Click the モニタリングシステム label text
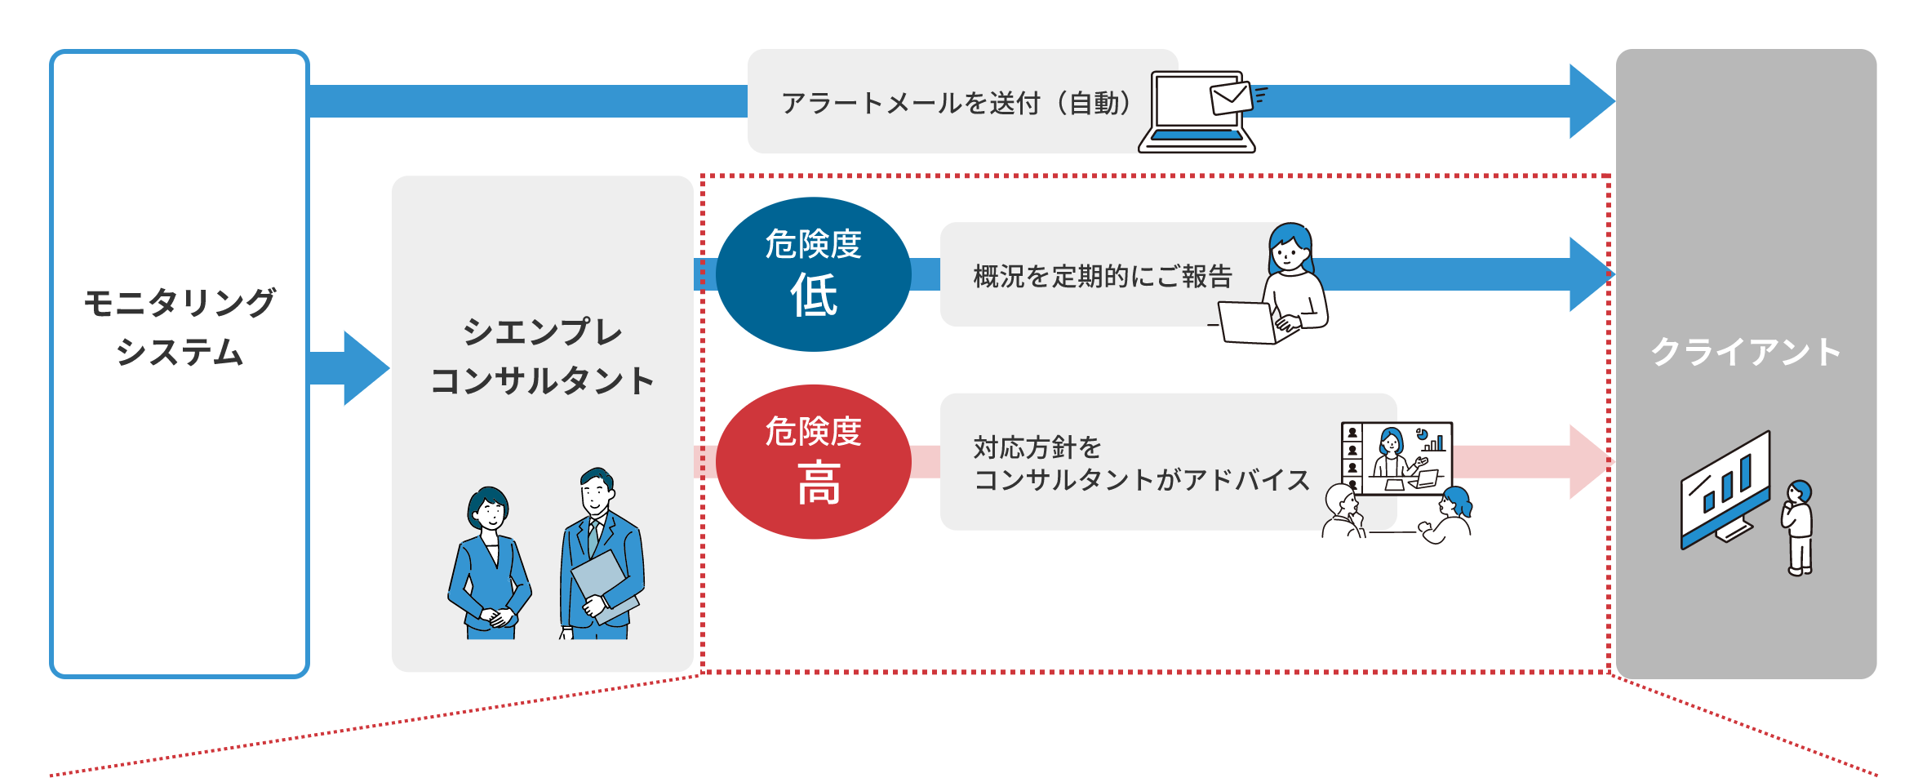tap(180, 327)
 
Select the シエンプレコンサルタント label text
tap(542, 357)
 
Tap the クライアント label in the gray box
tap(1746, 352)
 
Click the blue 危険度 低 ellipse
tap(813, 273)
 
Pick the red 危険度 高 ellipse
tap(813, 461)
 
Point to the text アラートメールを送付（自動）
tap(956, 103)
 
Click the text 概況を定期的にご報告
tap(1102, 276)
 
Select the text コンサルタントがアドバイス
tap(1141, 479)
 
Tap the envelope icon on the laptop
tap(1231, 98)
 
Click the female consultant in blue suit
tap(490, 563)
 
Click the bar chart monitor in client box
tap(1724, 490)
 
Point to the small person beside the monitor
tap(1798, 527)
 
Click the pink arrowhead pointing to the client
tap(1590, 461)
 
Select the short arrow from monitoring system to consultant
tap(351, 368)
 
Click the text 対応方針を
tap(1037, 447)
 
